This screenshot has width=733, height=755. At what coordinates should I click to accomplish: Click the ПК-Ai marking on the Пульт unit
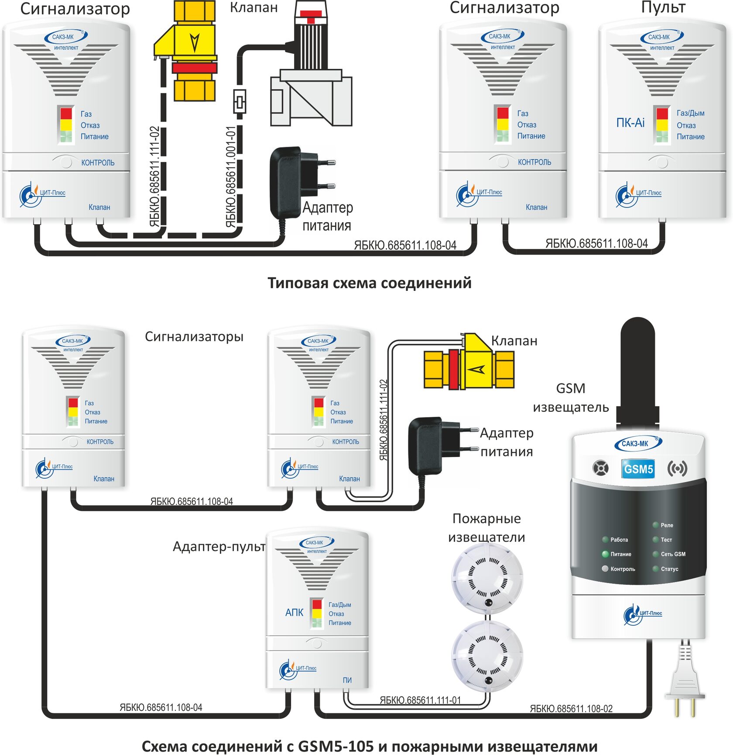[630, 123]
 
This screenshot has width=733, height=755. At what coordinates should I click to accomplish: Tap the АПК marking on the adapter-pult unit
[294, 612]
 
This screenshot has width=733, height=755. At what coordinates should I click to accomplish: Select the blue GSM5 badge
[638, 469]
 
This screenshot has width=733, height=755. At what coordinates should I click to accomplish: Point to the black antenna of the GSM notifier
[637, 371]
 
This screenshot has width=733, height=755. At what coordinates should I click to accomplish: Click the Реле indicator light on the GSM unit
[655, 525]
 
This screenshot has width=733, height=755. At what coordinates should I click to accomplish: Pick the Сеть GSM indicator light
[655, 554]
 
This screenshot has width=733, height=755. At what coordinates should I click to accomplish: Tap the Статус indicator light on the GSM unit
[655, 569]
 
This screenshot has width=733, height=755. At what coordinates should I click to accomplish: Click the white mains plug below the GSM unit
[685, 681]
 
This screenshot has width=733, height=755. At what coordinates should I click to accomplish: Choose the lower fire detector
[486, 655]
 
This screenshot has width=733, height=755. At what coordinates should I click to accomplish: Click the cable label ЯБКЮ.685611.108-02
[571, 708]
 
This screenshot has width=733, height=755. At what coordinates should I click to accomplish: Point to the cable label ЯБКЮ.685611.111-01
[420, 700]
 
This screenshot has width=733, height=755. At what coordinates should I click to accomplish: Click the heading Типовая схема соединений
[369, 283]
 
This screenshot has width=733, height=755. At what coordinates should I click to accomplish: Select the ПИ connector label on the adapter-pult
[347, 680]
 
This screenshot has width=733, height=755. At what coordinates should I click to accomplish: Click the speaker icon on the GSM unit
[601, 469]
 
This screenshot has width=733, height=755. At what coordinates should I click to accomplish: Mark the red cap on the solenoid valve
[311, 14]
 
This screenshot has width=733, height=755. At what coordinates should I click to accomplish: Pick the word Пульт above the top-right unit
[663, 7]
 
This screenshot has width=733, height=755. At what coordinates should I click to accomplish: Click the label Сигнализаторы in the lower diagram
[194, 337]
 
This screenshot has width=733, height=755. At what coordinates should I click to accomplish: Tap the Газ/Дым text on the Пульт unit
[690, 113]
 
